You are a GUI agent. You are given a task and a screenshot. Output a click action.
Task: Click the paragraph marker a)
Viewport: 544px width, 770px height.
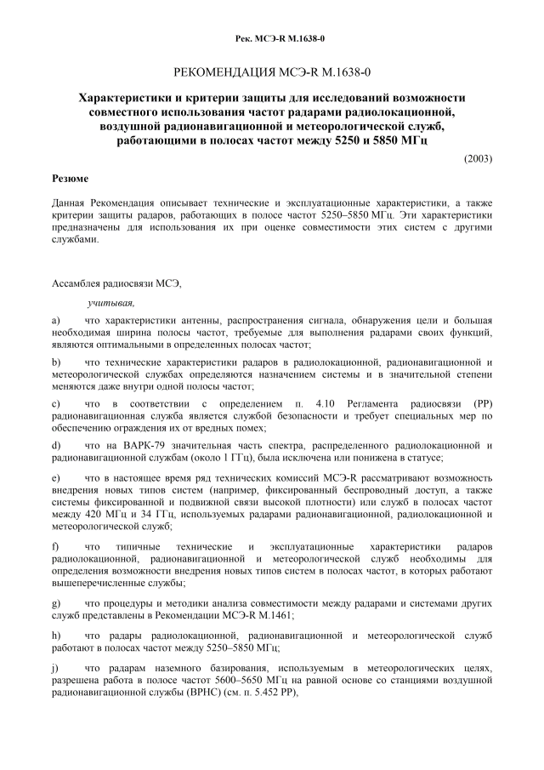coord(55,319)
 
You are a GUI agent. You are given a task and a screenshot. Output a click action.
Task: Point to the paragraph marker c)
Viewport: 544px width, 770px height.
coord(55,402)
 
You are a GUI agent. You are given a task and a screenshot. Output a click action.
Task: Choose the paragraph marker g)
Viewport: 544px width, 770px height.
coord(55,603)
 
